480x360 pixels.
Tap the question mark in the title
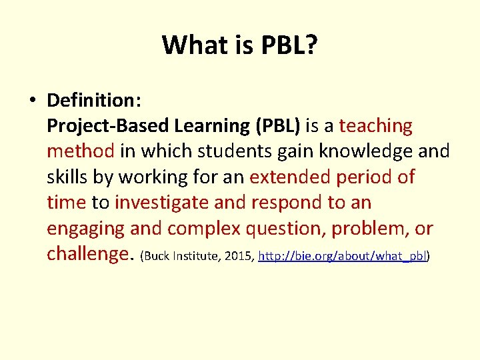(x=311, y=45)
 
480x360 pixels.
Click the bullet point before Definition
(x=31, y=101)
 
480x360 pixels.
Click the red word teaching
(x=375, y=126)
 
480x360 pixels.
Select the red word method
(x=81, y=151)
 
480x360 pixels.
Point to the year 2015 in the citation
(x=239, y=256)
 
